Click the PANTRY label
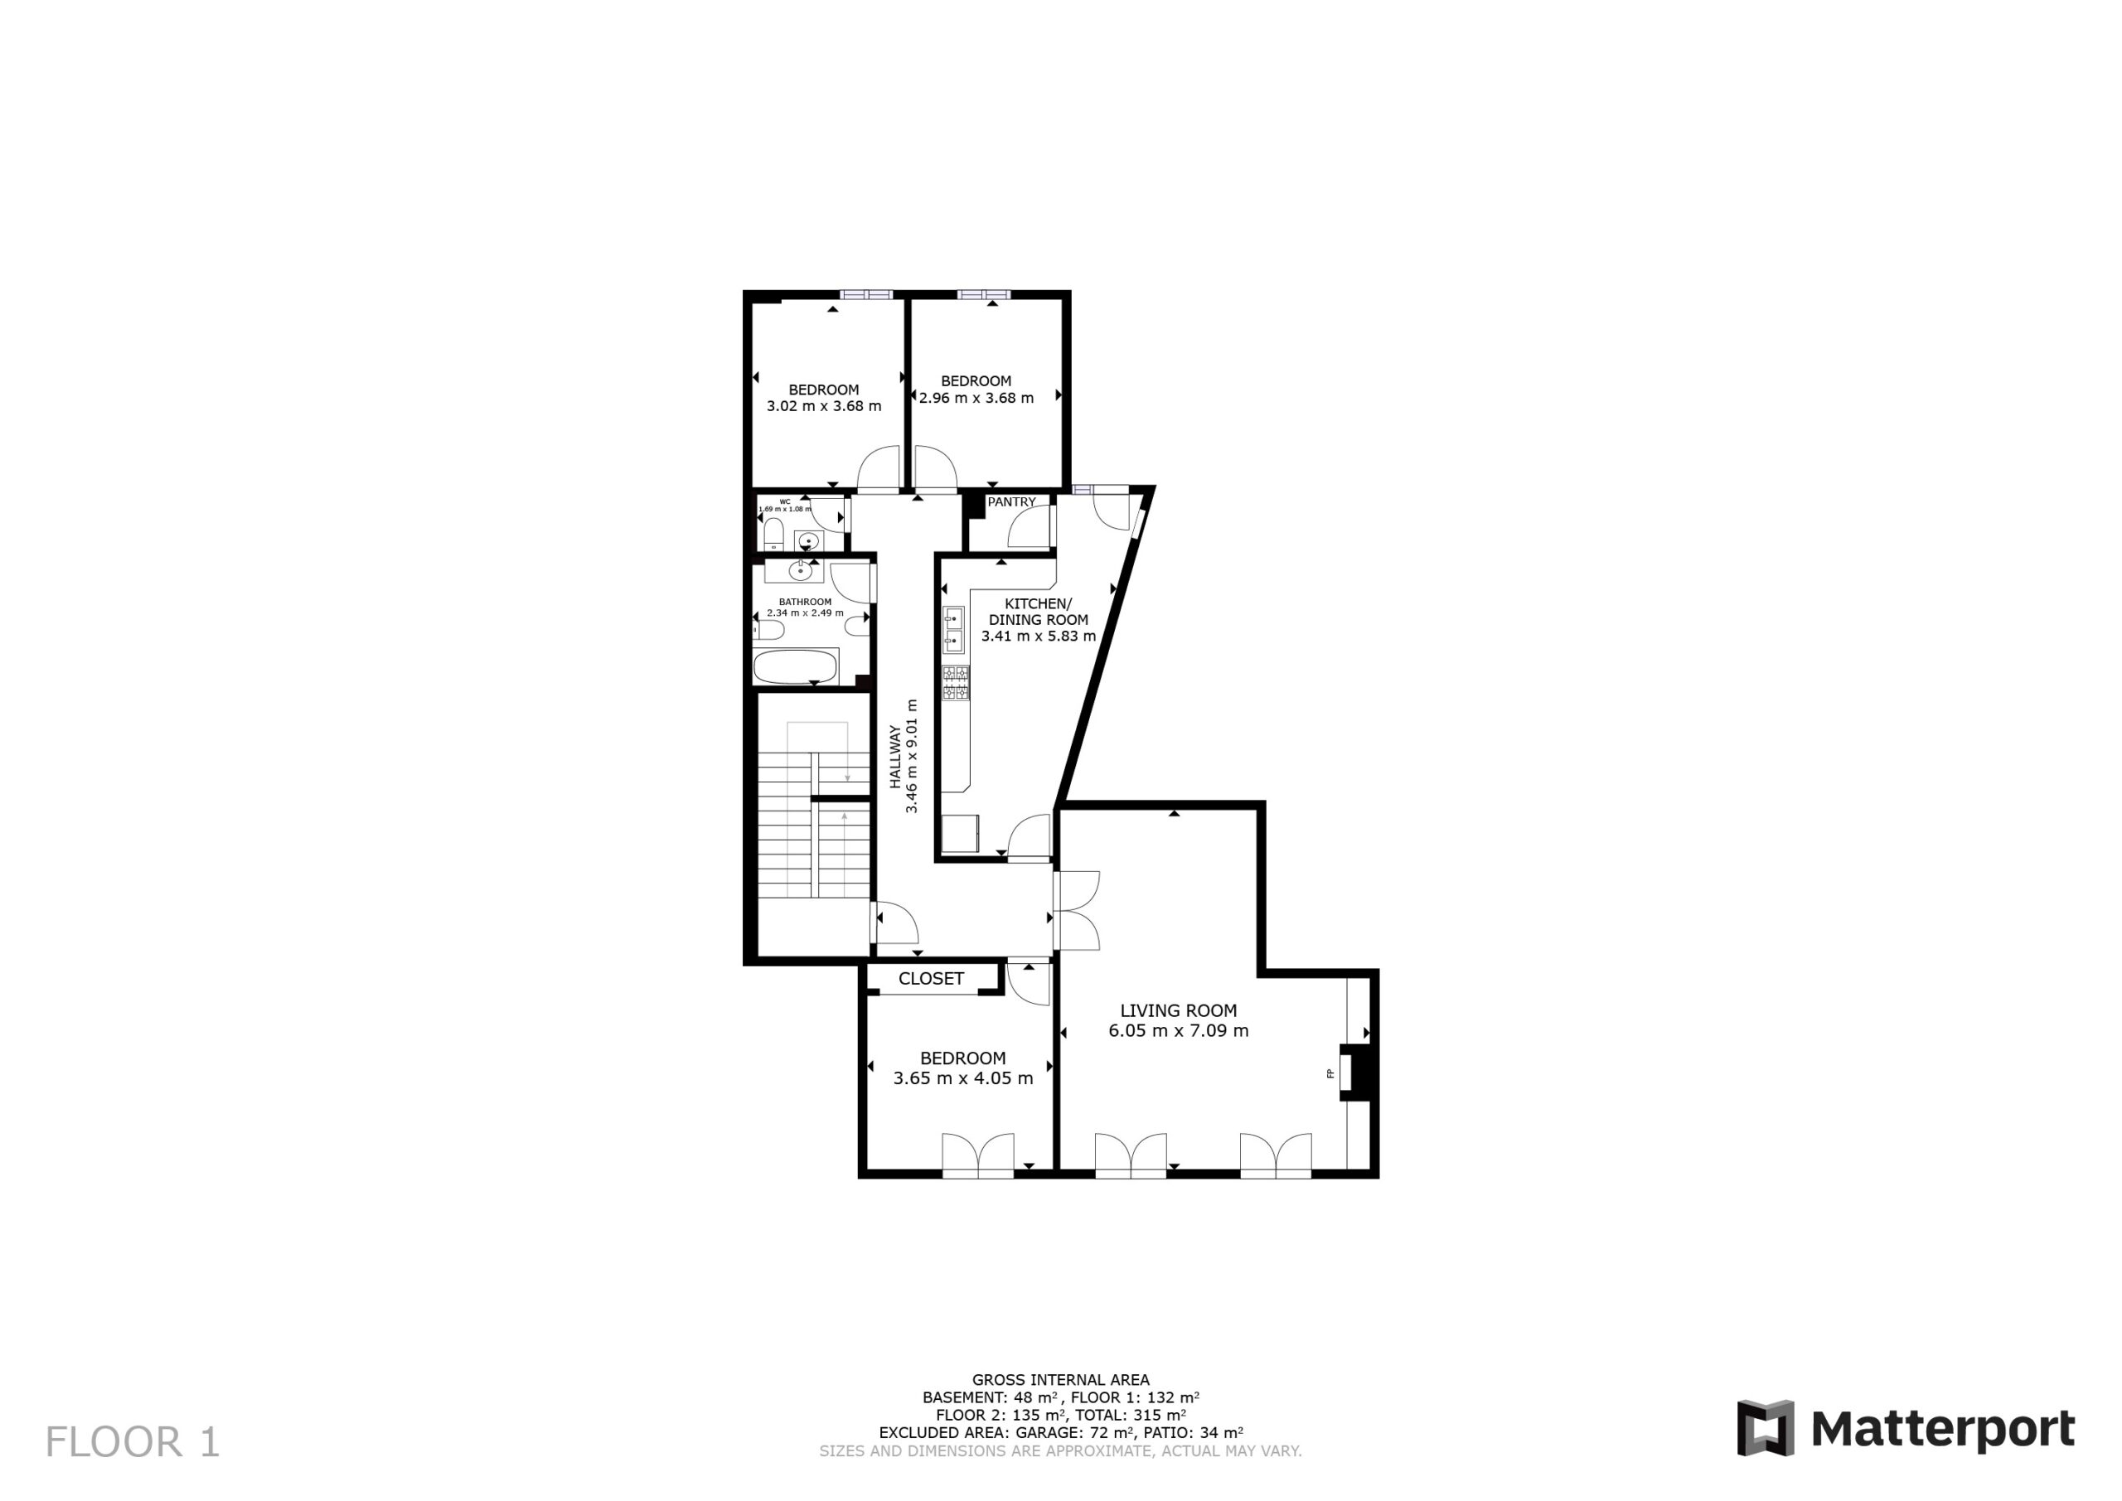click(x=1012, y=502)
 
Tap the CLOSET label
click(x=931, y=979)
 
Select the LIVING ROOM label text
click(x=1179, y=1011)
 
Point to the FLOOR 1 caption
click(x=133, y=1442)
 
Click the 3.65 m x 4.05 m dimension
click(x=963, y=1077)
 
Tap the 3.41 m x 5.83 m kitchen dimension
click(x=1039, y=636)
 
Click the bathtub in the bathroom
click(x=796, y=666)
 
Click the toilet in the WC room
click(x=773, y=535)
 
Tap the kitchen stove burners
click(x=956, y=684)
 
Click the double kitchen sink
click(x=953, y=629)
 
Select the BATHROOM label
click(x=805, y=602)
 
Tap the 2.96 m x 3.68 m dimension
click(x=977, y=399)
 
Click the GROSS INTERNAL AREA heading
click(x=1061, y=1380)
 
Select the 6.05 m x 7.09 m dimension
click(x=1179, y=1030)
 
